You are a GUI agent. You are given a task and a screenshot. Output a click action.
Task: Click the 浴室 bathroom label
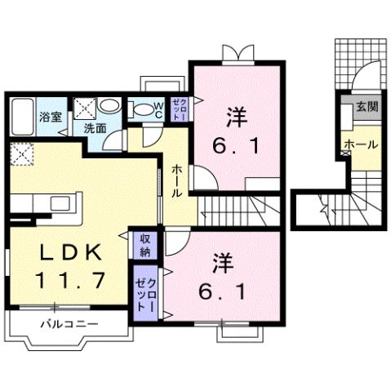(x=51, y=117)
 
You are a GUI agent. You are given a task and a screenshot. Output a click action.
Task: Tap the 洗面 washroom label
(x=94, y=127)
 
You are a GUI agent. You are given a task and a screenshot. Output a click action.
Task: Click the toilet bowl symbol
(x=140, y=109)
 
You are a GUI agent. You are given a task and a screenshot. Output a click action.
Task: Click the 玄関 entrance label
(x=366, y=107)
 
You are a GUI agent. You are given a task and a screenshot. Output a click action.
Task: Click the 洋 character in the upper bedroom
(x=236, y=117)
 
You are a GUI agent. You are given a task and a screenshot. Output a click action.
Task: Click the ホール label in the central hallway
(x=176, y=180)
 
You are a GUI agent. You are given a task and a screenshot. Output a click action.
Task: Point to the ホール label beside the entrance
(x=361, y=144)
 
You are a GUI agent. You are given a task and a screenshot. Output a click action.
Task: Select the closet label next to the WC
(x=180, y=108)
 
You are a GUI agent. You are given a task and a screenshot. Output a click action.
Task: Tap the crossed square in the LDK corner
(x=22, y=153)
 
